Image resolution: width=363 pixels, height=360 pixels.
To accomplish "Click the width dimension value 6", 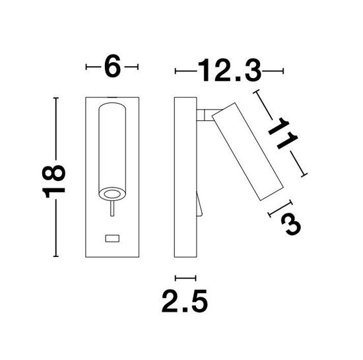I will [x=113, y=67].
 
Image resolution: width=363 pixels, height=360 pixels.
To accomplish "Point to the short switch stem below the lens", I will [x=112, y=211].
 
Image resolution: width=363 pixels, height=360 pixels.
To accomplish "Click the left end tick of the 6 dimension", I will [x=88, y=67].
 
